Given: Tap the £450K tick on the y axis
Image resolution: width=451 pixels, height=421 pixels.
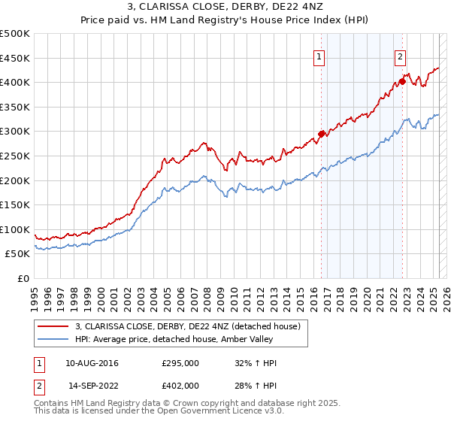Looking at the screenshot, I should [15, 58].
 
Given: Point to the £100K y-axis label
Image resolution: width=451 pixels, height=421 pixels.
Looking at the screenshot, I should [15, 229].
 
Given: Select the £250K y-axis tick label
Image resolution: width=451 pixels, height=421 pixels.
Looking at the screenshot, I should [15, 156].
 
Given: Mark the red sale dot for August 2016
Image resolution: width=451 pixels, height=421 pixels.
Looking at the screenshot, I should [322, 134].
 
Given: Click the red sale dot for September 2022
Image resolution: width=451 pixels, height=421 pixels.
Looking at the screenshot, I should [402, 81].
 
